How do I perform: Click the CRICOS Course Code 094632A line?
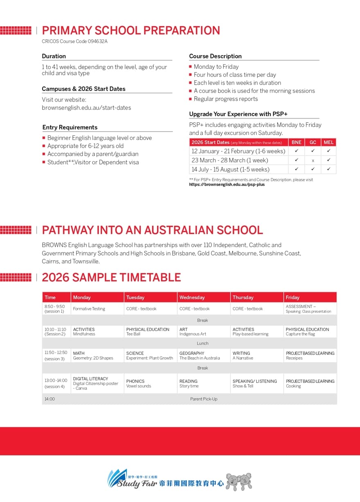click(x=75, y=41)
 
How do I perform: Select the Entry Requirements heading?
click(x=70, y=127)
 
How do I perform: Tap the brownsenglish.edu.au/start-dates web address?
click(x=86, y=108)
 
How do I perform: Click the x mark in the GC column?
click(x=313, y=160)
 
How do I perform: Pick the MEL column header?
click(x=328, y=142)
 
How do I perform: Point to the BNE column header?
click(x=297, y=142)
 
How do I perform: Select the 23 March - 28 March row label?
click(x=230, y=160)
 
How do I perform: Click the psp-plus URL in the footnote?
click(x=227, y=185)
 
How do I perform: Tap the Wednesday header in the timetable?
click(x=192, y=297)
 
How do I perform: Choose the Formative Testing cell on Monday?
click(x=89, y=309)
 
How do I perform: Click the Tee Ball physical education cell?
click(x=148, y=331)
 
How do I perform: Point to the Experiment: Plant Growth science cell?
click(x=150, y=356)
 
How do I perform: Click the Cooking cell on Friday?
click(x=310, y=383)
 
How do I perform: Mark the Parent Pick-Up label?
click(x=204, y=399)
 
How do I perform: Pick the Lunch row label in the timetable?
click(x=202, y=343)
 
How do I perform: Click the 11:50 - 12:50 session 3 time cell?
click(x=56, y=356)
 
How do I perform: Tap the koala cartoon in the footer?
click(x=239, y=482)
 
